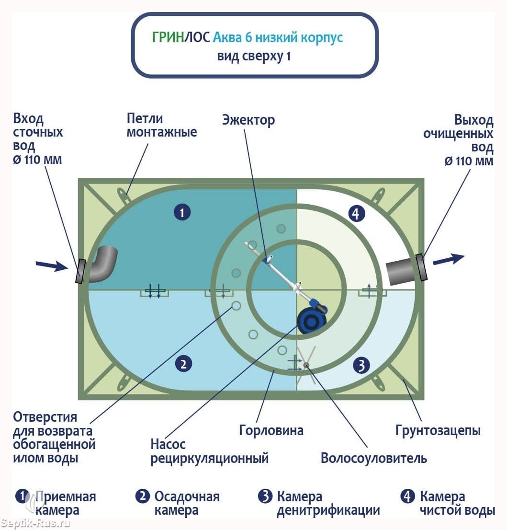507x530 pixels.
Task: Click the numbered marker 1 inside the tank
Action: tap(182, 212)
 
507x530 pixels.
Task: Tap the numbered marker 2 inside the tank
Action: tap(183, 364)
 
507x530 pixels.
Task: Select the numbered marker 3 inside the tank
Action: tap(361, 366)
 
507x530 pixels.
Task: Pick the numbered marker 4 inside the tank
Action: tap(355, 214)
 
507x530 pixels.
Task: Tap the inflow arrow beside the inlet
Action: tap(52, 265)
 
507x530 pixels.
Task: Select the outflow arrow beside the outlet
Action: tap(449, 259)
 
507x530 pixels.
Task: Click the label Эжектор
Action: tap(248, 119)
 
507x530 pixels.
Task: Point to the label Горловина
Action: tap(271, 430)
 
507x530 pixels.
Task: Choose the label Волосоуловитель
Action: tap(373, 458)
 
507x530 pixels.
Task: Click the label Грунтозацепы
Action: tap(438, 430)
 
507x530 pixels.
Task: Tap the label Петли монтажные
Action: tap(161, 125)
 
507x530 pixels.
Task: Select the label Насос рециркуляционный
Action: tap(209, 451)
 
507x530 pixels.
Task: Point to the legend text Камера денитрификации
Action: tap(328, 503)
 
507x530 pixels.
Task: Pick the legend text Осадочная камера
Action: tap(187, 503)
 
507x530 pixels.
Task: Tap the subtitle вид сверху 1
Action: tap(254, 57)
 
